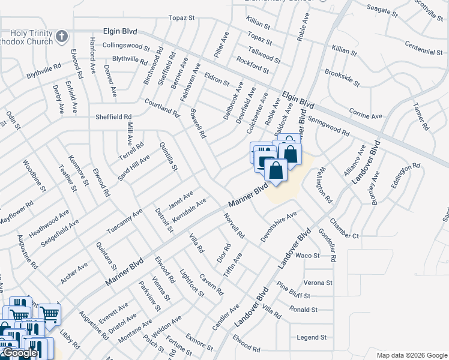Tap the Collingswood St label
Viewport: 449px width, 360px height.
[125, 46]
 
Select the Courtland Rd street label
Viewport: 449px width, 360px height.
[161, 107]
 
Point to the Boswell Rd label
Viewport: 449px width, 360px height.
[197, 124]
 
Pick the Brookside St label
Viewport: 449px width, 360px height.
[342, 77]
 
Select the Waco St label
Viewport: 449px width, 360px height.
[307, 256]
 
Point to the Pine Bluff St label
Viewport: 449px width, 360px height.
[293, 290]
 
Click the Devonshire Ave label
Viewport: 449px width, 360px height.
[279, 226]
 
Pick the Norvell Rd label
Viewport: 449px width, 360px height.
[235, 226]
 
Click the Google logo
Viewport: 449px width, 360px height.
[20, 353]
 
